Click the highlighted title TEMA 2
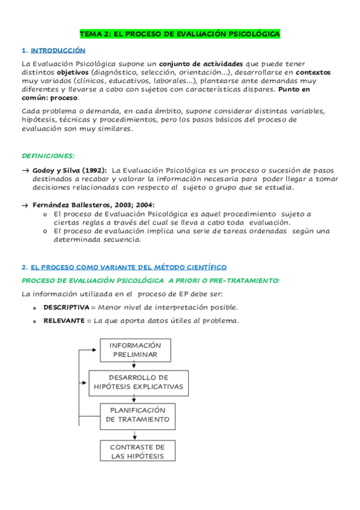click(180, 34)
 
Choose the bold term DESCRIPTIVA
click(66, 307)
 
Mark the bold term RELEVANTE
click(64, 320)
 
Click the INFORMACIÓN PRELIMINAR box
click(135, 350)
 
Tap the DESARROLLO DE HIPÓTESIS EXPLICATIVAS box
click(139, 382)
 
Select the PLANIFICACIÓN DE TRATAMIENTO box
click(138, 415)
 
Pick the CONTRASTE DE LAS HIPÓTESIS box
click(138, 452)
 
